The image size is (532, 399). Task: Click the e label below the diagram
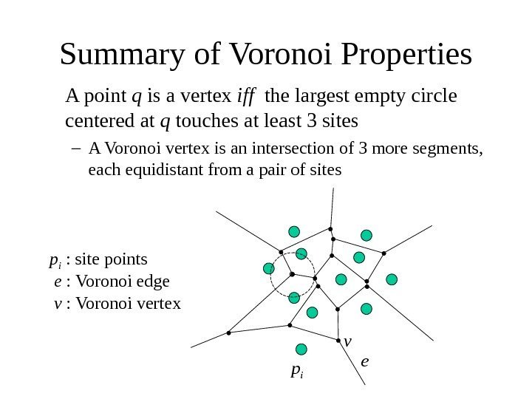point(364,361)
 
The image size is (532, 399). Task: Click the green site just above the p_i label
point(301,349)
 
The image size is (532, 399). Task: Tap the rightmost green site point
point(392,279)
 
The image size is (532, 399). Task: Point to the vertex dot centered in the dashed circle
point(292,274)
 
